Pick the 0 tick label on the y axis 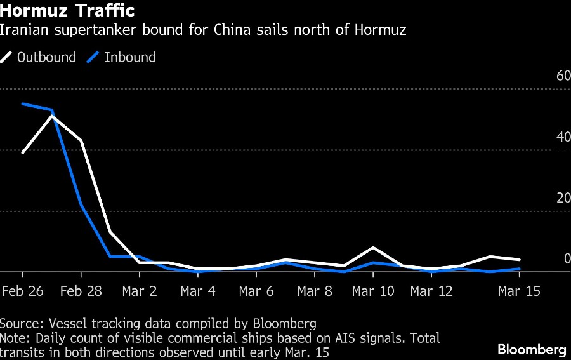567,258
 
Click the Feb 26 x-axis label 23,291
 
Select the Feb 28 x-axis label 81,291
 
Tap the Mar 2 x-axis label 140,291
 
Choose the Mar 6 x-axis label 256,291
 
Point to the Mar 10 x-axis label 373,291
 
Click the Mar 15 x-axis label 519,291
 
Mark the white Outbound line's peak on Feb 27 52,116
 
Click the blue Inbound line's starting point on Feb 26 23,103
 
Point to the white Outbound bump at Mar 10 373,247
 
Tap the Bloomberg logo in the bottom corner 532,349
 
